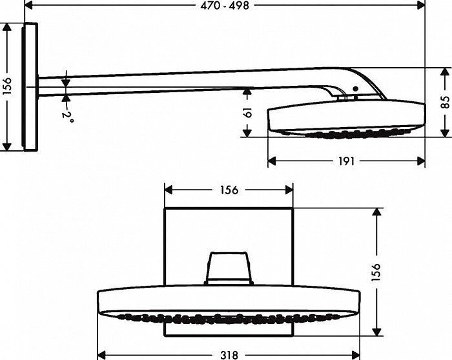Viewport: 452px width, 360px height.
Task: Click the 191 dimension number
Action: (347, 161)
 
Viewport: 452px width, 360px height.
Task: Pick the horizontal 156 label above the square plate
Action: (229, 190)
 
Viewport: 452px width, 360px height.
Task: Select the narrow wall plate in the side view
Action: (29, 86)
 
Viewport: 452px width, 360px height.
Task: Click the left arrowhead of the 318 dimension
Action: (101, 354)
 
